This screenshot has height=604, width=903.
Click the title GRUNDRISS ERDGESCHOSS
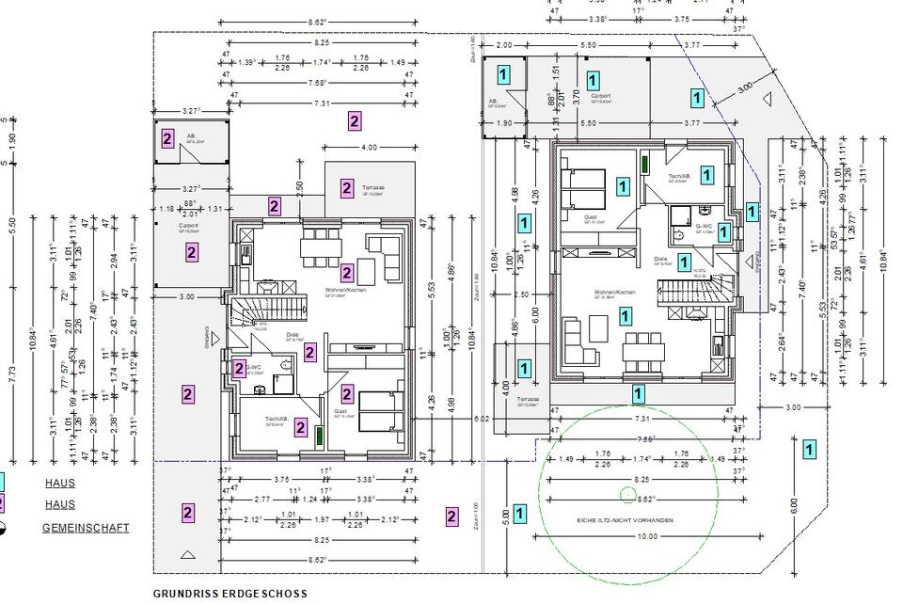tap(230, 594)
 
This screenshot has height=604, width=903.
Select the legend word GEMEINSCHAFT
tap(86, 528)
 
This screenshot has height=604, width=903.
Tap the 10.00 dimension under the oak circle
tap(647, 536)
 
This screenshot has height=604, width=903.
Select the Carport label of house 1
tap(600, 96)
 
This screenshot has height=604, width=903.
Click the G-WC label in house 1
tap(702, 227)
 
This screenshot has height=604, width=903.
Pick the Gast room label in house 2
tap(341, 411)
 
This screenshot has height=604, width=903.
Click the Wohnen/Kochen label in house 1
tap(614, 293)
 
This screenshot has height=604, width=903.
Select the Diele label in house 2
tap(293, 334)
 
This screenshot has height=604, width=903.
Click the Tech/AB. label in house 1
tap(680, 177)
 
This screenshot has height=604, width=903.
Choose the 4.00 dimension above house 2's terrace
tap(369, 148)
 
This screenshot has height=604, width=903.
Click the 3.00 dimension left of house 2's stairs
tap(186, 296)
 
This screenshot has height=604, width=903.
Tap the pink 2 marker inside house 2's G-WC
tap(240, 369)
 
